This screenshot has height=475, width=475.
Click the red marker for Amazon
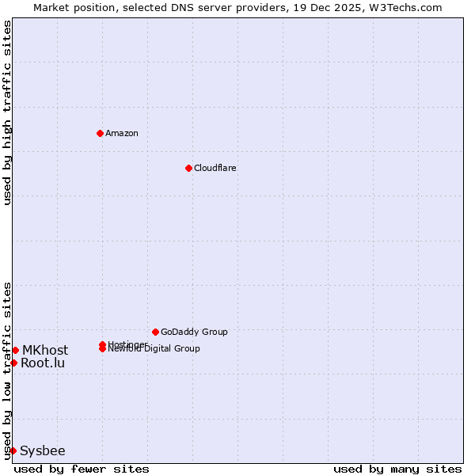click(x=100, y=133)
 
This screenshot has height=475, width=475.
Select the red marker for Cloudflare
click(x=188, y=168)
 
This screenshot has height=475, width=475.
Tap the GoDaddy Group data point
click(x=155, y=332)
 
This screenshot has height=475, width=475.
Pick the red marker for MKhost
click(x=15, y=350)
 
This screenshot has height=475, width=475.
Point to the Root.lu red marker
click(x=13, y=363)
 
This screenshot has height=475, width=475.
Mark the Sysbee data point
click(x=13, y=450)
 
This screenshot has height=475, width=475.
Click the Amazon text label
click(x=122, y=133)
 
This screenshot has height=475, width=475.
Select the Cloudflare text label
click(x=215, y=168)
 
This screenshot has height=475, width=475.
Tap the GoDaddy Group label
click(x=194, y=332)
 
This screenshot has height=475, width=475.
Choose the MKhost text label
click(x=45, y=350)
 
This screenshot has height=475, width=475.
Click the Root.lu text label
click(x=43, y=363)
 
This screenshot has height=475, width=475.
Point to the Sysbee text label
click(x=43, y=450)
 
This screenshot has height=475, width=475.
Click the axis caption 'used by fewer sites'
click(x=82, y=469)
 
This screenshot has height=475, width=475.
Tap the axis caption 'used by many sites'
click(x=397, y=469)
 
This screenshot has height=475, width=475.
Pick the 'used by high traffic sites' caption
click(x=7, y=112)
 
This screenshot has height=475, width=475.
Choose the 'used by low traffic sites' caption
click(x=7, y=370)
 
